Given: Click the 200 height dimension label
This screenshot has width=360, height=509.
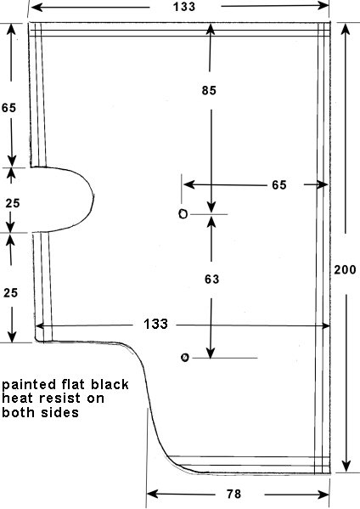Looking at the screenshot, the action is coord(345,269).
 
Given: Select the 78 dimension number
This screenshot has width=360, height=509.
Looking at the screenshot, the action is coord(233,494).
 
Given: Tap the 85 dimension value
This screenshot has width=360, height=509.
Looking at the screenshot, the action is coord(209,90).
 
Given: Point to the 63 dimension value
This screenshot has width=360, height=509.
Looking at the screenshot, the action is coord(211,280).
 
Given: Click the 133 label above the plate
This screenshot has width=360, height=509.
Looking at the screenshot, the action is coord(184,7).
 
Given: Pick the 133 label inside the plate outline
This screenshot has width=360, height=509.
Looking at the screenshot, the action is coord(155,324).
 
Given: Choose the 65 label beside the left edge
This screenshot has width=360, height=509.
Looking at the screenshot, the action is coord(8,108).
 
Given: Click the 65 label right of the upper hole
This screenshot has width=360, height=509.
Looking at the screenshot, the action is coord(279,184).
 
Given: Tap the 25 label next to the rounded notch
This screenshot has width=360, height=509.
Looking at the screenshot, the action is coord(13,203).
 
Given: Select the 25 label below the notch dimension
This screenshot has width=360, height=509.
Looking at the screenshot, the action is coord(10,293).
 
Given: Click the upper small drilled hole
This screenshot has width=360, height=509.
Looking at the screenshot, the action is coord(183,214).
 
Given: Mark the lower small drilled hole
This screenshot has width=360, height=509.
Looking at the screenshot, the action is coord(184,358).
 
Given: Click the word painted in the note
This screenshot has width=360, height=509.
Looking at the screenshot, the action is coord(29,385).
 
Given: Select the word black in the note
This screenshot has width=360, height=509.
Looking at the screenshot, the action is coord(110,384).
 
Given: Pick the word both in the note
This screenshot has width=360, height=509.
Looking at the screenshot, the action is coord(18,412).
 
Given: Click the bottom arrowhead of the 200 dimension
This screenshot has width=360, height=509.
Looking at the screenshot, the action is coord(346,467).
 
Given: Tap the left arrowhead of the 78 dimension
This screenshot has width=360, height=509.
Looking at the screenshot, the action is coord(153,495).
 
